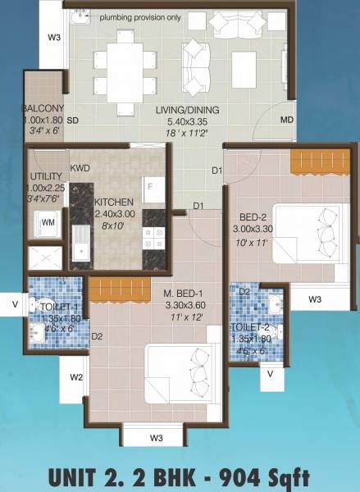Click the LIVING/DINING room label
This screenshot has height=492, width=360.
click(x=189, y=109)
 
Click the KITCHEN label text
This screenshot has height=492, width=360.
click(x=116, y=203)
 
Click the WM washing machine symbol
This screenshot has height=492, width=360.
click(x=48, y=221)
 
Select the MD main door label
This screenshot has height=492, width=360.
click(x=286, y=121)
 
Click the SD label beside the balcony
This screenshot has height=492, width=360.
click(x=72, y=121)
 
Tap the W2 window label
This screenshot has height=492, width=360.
click(x=76, y=377)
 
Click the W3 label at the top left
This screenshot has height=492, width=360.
click(x=54, y=37)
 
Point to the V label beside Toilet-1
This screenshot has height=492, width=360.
click(x=14, y=304)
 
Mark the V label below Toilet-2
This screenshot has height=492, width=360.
click(x=270, y=374)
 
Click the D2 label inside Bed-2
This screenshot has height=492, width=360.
click(x=244, y=290)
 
